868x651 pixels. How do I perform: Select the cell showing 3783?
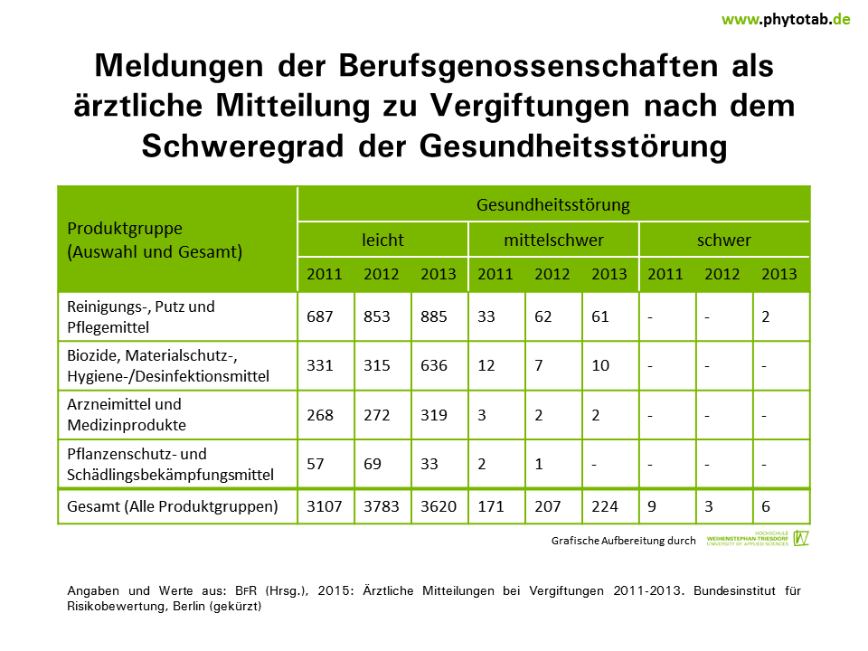381,506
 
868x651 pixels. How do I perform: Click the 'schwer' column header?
724,241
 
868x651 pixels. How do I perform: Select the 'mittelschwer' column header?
553,241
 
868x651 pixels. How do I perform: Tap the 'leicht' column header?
382,241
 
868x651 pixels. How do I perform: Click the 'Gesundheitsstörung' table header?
553,204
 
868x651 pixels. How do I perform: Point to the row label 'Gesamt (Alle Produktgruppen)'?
172,506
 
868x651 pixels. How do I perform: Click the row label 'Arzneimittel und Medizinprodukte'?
124,414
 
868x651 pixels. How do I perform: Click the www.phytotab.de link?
785,18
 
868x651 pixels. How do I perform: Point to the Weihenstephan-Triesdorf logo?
758,539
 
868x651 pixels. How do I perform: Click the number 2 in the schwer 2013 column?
766,316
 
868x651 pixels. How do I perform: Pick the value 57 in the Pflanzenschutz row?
316,464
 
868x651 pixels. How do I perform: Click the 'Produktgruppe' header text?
125,229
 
